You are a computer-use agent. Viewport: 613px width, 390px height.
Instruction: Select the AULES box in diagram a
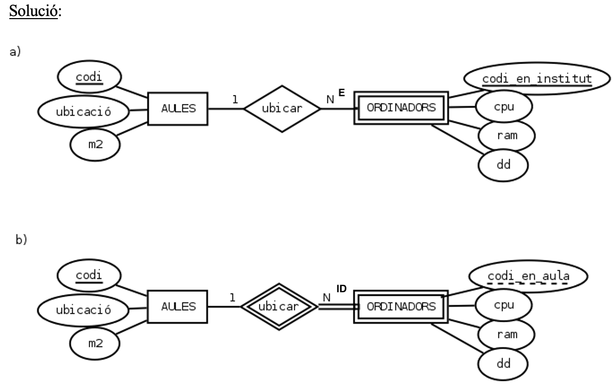[177, 109]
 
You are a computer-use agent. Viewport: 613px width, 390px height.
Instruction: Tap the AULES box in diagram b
[177, 306]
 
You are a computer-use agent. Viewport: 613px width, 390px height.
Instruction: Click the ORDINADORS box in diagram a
[401, 108]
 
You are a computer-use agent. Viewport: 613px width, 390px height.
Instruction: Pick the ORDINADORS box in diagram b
[401, 306]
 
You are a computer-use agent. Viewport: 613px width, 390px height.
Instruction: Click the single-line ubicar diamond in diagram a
[282, 109]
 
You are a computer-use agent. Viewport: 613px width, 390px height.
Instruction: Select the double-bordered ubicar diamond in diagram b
[279, 306]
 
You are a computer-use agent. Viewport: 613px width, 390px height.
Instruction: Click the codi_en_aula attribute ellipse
[528, 277]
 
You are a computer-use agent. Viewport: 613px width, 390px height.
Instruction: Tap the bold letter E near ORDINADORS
[342, 93]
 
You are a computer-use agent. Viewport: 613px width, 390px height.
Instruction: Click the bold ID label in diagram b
[341, 289]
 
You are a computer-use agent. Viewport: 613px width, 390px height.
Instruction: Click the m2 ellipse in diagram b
[95, 343]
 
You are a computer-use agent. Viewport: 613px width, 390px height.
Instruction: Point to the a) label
[16, 53]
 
